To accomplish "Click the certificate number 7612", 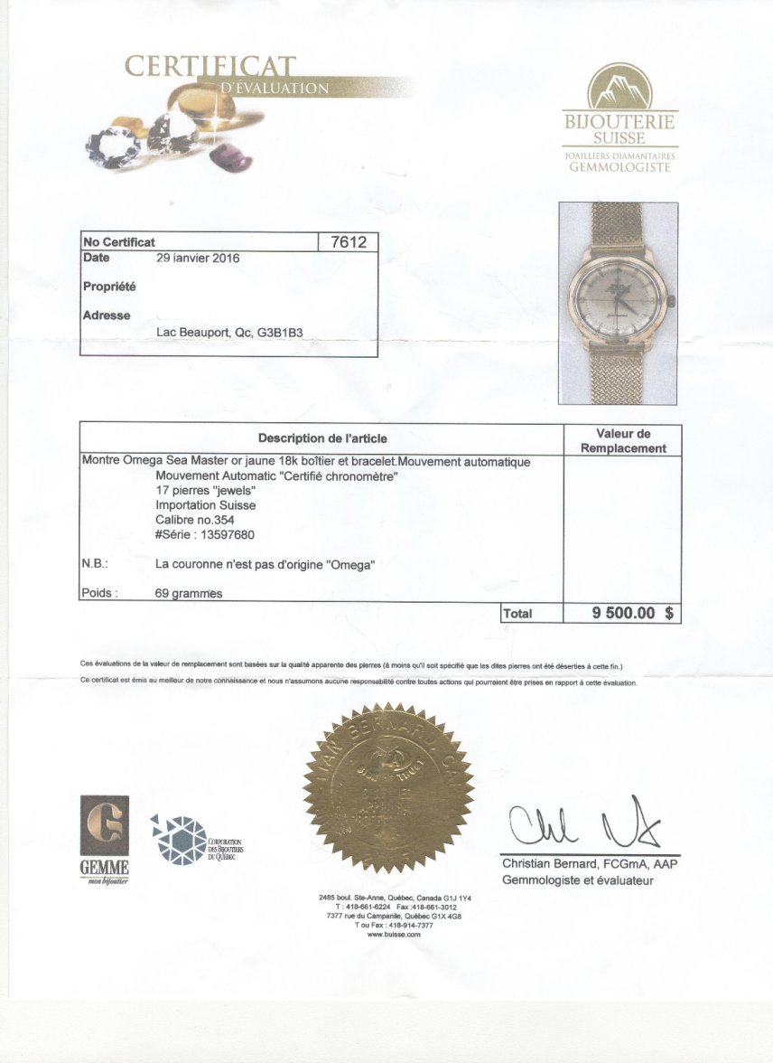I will (348, 241).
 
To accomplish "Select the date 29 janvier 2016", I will (198, 258).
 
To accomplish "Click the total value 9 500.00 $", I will (632, 613).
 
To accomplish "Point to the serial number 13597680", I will (221, 534).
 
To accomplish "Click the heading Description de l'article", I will (322, 438).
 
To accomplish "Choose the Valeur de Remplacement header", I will (623, 440).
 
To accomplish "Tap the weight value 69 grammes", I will (189, 594).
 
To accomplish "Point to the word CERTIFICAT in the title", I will (210, 67).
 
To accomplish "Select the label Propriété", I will (109, 287).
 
